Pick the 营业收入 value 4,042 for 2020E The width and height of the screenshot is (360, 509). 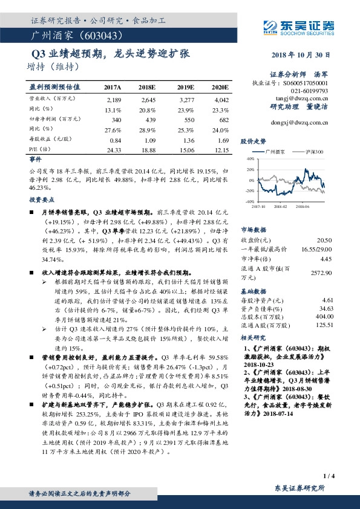click(x=221, y=99)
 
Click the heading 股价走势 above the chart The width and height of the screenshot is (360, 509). click(x=252, y=140)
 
